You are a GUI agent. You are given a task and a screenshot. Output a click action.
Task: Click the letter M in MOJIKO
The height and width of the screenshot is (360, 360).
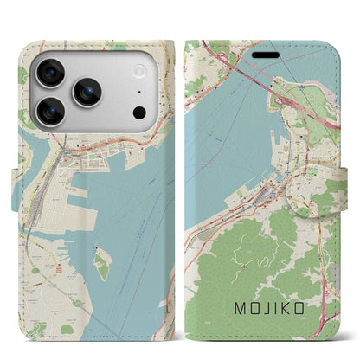[x=239, y=306]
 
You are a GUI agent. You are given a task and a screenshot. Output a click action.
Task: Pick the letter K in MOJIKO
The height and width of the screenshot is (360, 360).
[x=296, y=306]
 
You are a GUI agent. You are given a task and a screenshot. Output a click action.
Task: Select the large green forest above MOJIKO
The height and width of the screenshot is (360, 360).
[x=251, y=260]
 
